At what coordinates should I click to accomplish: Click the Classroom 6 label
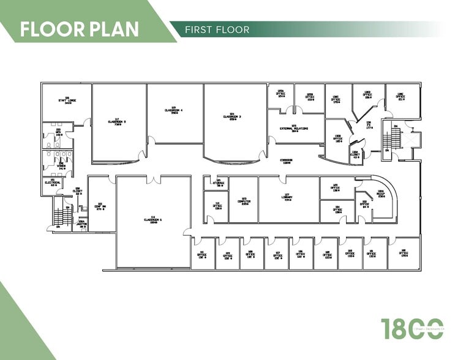pos(152,219)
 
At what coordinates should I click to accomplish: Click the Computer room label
pos(244,200)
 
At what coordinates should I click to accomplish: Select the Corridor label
pos(286,160)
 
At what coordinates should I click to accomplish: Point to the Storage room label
pos(218,182)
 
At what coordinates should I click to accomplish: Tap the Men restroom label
pos(59,132)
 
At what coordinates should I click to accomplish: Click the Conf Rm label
pos(100,207)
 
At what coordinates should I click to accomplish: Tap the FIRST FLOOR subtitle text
pos(219,29)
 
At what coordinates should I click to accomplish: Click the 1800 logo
pos(412,329)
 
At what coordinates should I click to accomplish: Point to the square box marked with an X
pos(408,139)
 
